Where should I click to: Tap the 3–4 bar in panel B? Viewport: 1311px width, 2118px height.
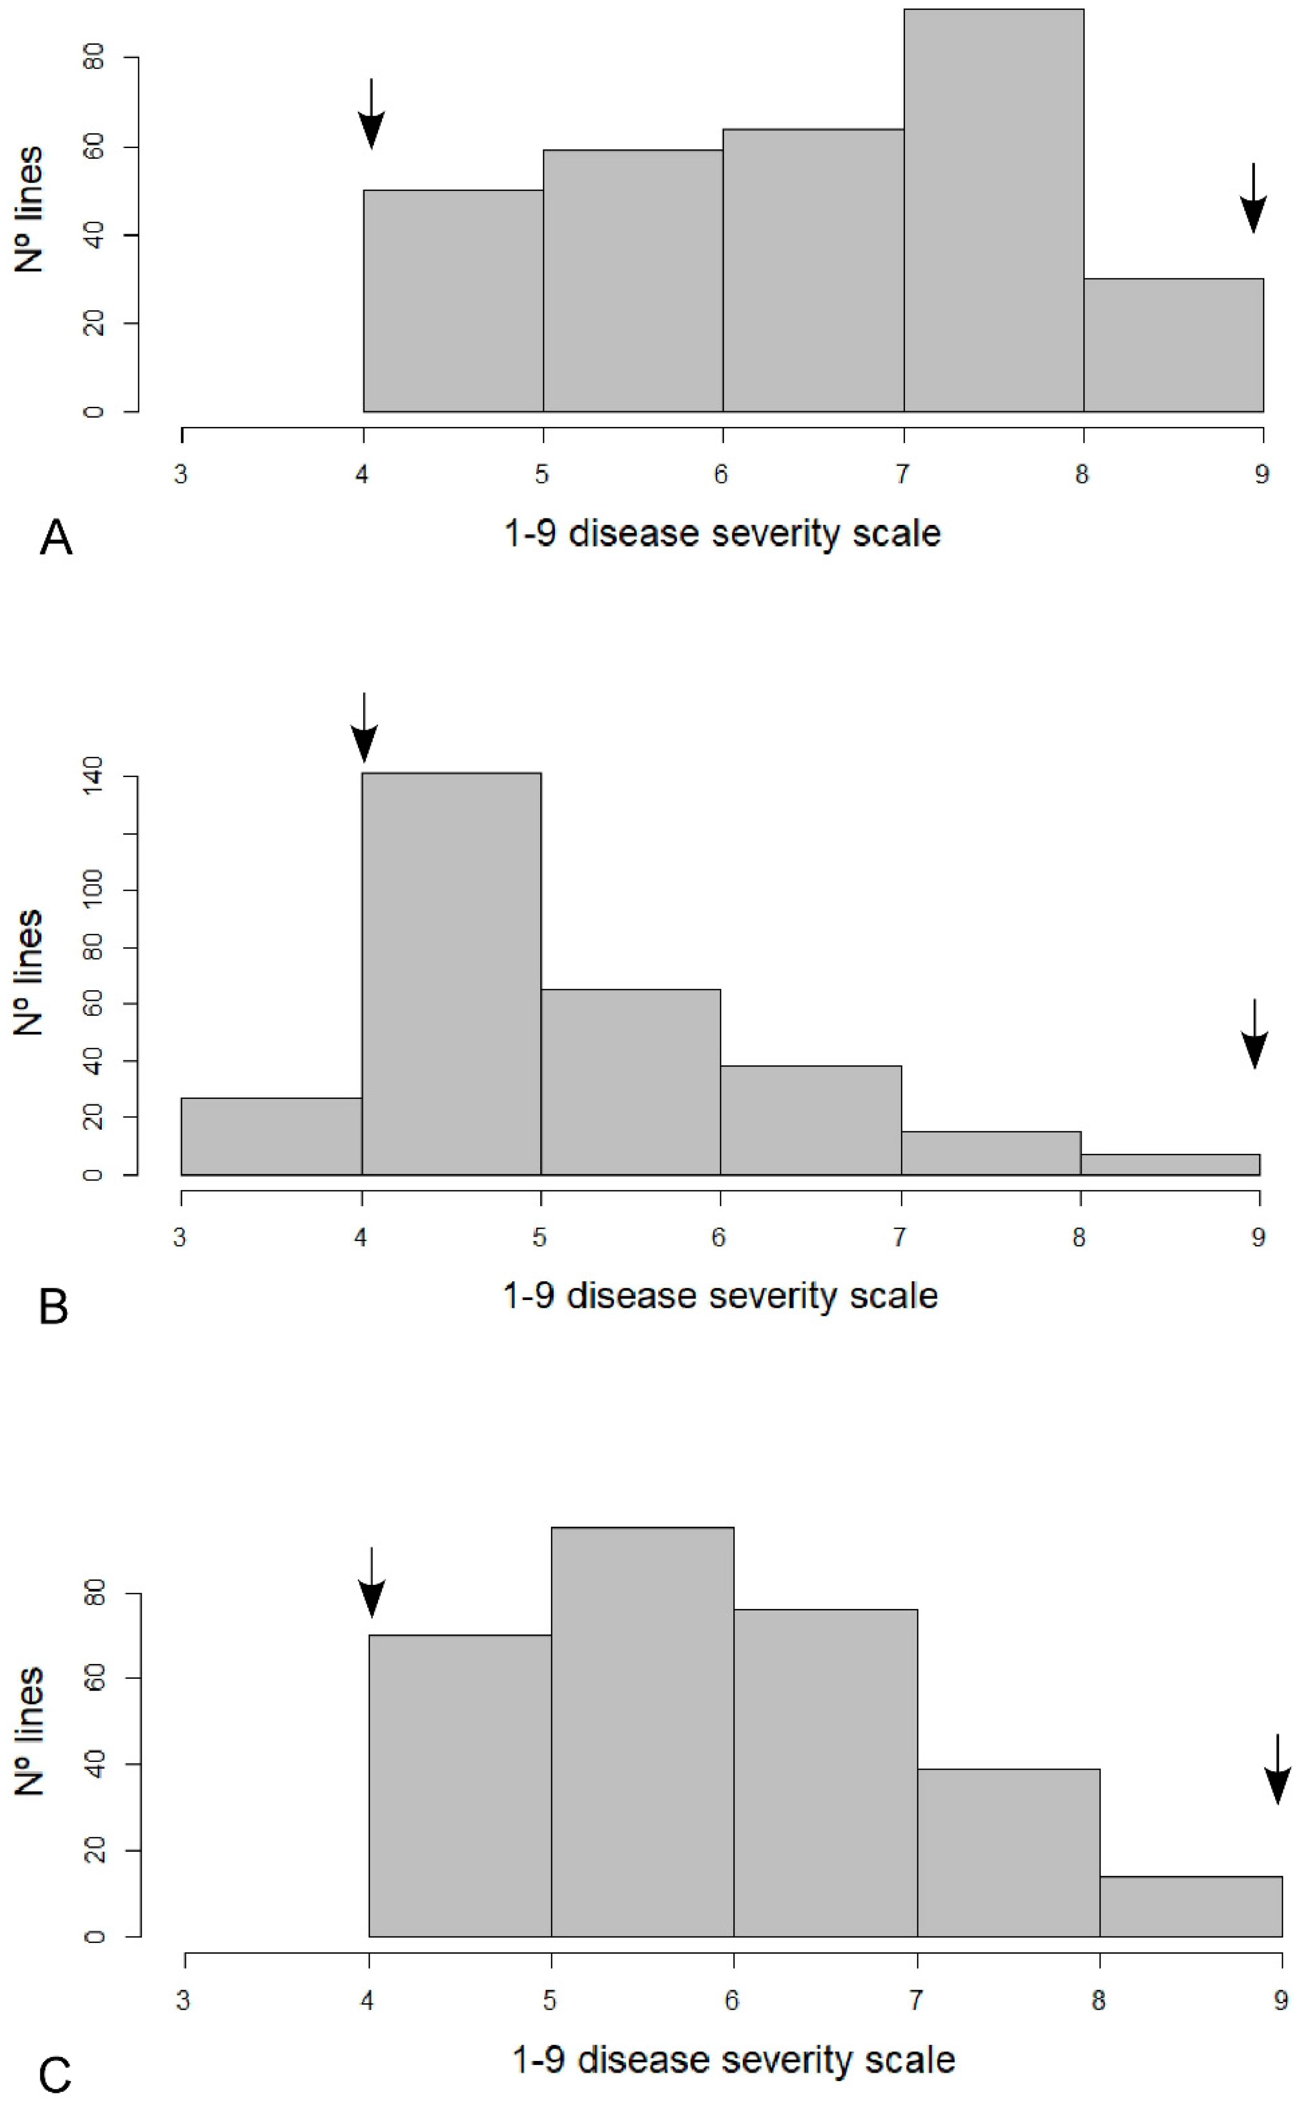pyautogui.click(x=271, y=1136)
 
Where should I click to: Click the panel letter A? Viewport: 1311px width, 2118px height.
pyautogui.click(x=56, y=538)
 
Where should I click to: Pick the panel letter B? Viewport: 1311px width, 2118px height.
pyautogui.click(x=54, y=1306)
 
